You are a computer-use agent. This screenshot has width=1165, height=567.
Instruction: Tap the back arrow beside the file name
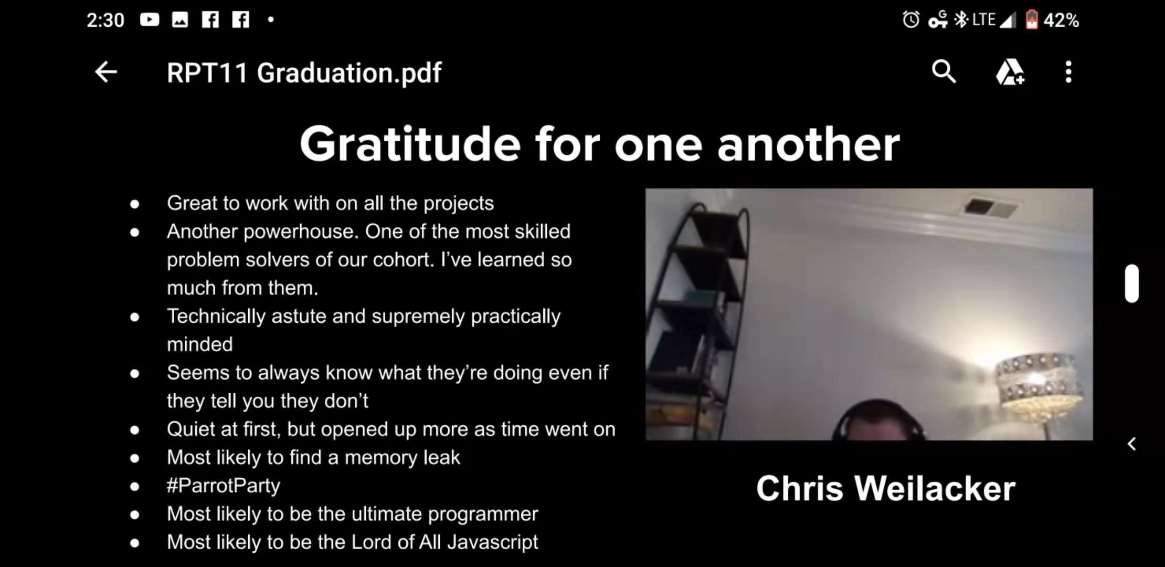pyautogui.click(x=106, y=72)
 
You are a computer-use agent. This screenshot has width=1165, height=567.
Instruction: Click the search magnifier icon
pyautogui.click(x=944, y=71)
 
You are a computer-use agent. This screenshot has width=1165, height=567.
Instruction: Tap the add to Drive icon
pyautogui.click(x=1010, y=72)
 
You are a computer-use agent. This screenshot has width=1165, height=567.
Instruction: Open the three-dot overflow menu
pyautogui.click(x=1068, y=72)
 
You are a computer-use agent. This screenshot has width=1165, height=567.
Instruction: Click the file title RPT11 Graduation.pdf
pyautogui.click(x=304, y=72)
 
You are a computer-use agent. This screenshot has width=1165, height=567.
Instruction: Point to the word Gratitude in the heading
pyautogui.click(x=410, y=144)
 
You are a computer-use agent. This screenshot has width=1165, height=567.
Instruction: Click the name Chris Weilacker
pyautogui.click(x=886, y=488)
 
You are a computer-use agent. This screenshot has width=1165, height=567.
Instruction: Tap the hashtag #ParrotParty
pyautogui.click(x=224, y=486)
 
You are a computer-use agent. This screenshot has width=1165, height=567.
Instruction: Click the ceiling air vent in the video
pyautogui.click(x=990, y=207)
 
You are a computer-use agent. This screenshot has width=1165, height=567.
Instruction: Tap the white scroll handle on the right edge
pyautogui.click(x=1132, y=283)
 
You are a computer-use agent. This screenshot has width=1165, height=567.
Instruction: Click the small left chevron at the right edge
pyautogui.click(x=1132, y=444)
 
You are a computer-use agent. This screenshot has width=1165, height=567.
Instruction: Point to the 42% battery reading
pyautogui.click(x=1061, y=20)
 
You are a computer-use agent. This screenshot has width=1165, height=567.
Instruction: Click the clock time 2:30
pyautogui.click(x=105, y=20)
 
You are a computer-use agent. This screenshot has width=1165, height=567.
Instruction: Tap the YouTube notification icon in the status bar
pyautogui.click(x=150, y=20)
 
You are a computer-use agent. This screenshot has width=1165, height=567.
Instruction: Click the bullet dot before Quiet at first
pyautogui.click(x=135, y=430)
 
